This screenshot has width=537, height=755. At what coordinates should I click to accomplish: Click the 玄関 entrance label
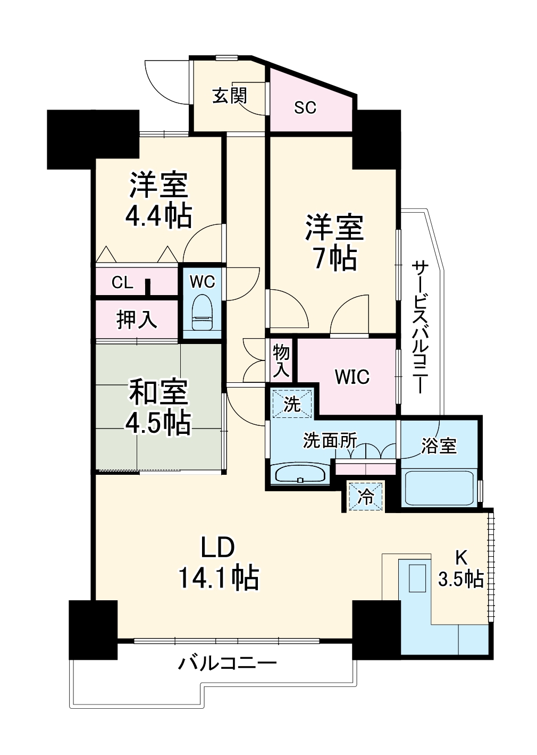click(x=230, y=95)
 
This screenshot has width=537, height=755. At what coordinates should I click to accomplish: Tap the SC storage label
click(x=305, y=107)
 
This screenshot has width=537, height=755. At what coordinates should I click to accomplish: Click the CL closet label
click(x=122, y=283)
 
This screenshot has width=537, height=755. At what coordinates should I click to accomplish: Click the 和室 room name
click(x=158, y=393)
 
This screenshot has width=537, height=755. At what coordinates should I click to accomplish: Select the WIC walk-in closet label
click(x=353, y=376)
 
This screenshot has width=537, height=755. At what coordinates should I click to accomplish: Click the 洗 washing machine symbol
click(x=292, y=404)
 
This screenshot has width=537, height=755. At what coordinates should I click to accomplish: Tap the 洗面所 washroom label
click(x=330, y=440)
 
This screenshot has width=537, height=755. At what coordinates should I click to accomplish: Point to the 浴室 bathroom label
click(x=439, y=446)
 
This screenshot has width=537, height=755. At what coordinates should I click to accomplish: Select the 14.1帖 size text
click(x=219, y=577)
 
